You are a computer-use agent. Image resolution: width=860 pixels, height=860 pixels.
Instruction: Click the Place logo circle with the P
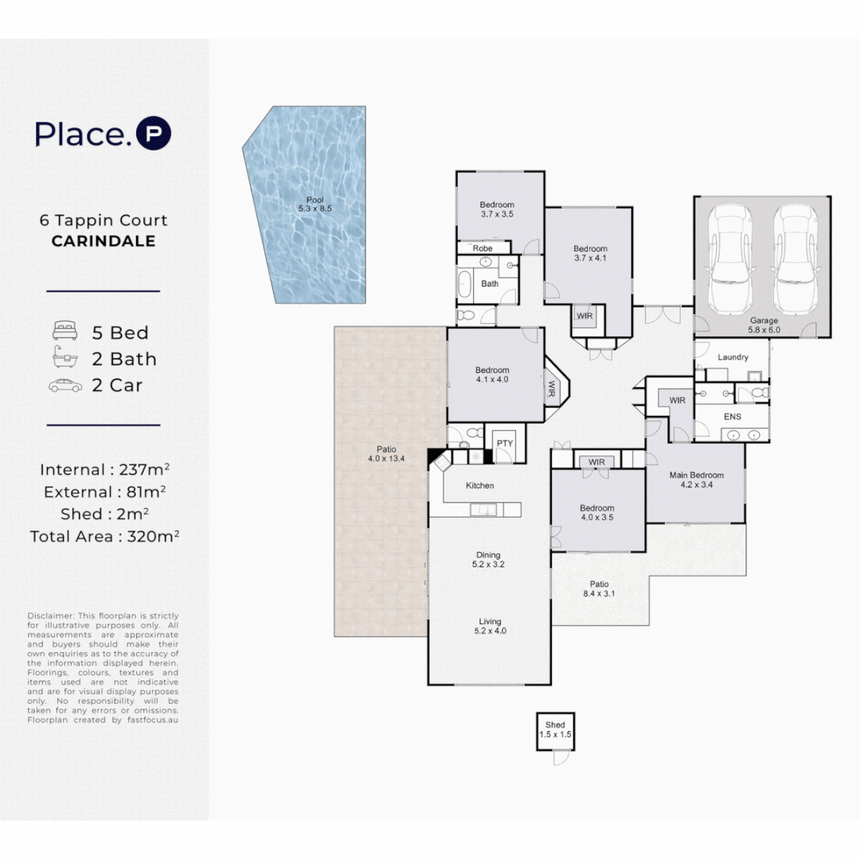click(154, 133)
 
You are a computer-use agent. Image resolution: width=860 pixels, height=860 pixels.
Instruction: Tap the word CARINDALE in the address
click(104, 240)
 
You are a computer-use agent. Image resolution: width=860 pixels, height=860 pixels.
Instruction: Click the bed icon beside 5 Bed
click(64, 330)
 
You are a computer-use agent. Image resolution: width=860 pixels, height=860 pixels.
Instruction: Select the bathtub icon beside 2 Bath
click(65, 357)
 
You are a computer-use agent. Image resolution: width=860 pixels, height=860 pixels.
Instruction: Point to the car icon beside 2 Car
click(65, 385)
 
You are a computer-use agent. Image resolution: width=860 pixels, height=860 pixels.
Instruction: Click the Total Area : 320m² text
click(105, 536)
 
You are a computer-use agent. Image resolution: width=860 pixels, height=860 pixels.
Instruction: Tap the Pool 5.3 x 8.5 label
click(315, 204)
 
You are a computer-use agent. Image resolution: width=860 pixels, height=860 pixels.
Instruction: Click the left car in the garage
click(729, 259)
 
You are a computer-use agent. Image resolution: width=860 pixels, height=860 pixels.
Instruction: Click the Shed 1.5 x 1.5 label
click(555, 729)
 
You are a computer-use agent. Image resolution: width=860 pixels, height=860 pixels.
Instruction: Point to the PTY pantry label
click(505, 444)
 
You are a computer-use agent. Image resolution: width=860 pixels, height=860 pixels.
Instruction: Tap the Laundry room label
click(733, 357)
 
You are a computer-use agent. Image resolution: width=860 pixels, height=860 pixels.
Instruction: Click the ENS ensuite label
click(733, 416)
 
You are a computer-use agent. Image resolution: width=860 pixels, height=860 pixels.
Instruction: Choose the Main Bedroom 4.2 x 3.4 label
click(697, 479)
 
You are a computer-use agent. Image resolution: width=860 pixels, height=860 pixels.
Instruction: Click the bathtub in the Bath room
click(464, 283)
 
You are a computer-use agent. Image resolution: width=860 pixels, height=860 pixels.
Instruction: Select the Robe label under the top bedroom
click(483, 248)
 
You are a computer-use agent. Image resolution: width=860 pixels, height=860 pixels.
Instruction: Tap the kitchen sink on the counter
click(483, 510)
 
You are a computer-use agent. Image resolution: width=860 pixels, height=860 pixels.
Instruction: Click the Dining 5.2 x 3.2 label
click(488, 560)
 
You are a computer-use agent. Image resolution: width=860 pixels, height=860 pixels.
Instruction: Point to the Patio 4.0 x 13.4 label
click(386, 454)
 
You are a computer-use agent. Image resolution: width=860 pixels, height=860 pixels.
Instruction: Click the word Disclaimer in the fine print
click(51, 616)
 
